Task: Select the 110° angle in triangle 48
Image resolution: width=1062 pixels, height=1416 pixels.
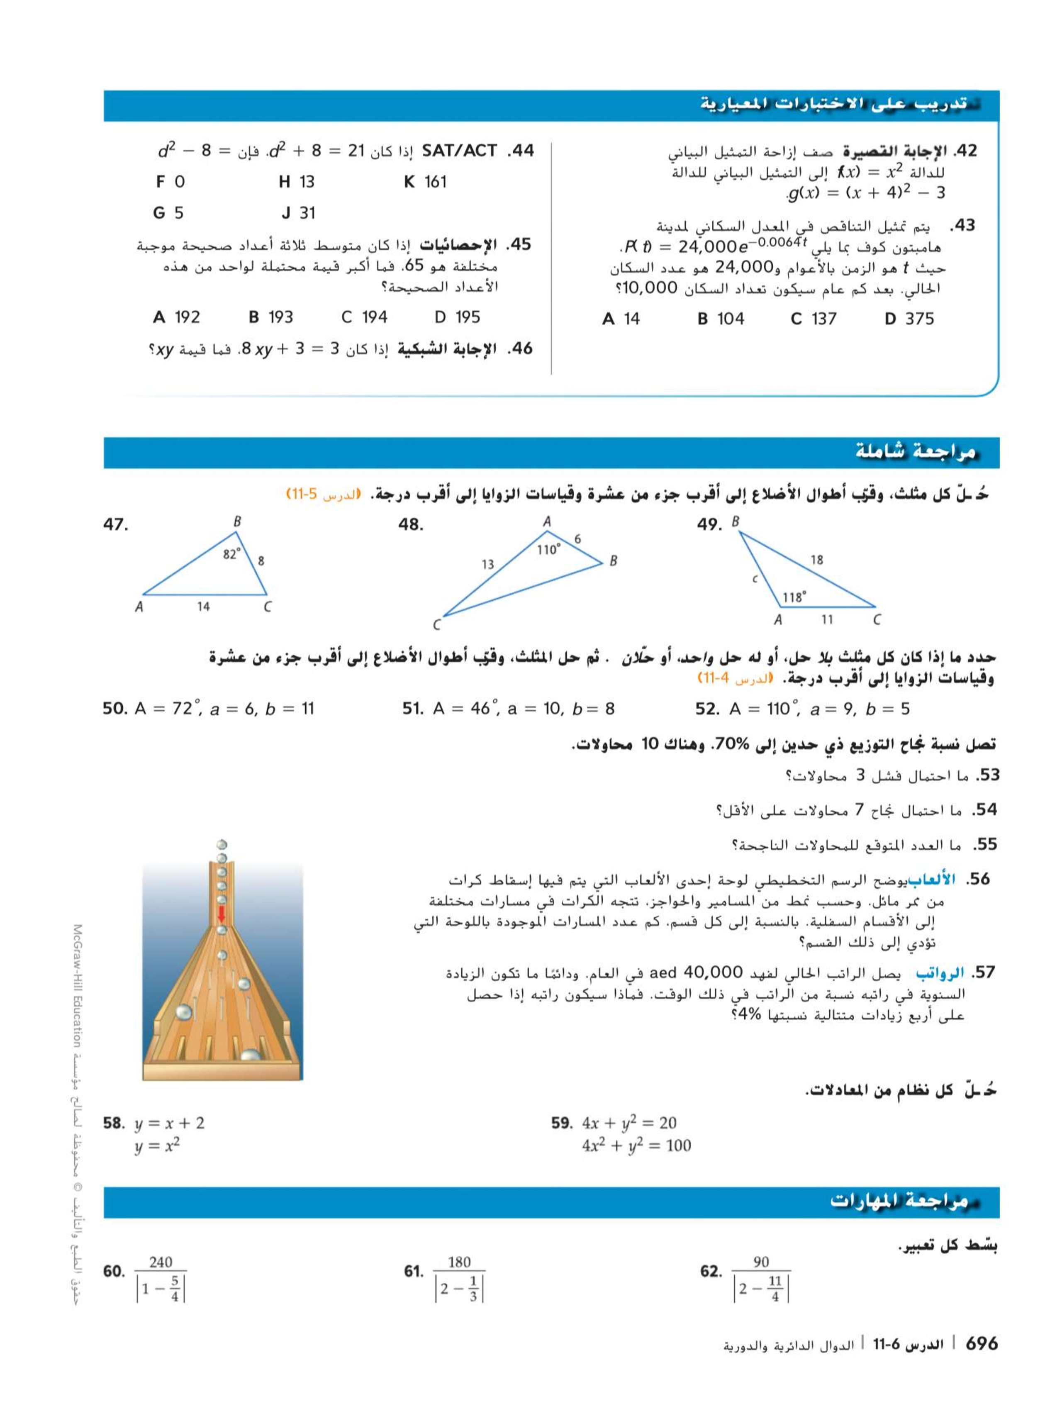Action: [x=548, y=549]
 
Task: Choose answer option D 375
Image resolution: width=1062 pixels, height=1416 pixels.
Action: [x=909, y=319]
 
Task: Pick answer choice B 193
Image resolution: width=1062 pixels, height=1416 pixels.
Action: [x=271, y=317]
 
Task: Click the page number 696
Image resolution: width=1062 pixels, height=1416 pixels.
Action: [x=981, y=1343]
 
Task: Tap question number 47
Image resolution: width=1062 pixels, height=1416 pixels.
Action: [x=116, y=525]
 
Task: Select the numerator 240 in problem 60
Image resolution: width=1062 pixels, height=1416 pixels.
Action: [x=161, y=1262]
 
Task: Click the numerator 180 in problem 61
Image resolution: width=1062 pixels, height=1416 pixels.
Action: [x=459, y=1262]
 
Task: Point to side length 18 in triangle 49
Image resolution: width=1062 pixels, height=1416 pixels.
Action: [x=817, y=560]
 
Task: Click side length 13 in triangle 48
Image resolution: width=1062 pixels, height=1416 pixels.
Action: [x=488, y=564]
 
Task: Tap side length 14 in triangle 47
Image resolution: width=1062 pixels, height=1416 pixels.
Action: [x=203, y=606]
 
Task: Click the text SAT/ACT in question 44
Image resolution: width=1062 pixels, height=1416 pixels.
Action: [x=460, y=151]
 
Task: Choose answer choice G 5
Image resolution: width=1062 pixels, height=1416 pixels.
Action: [x=168, y=213]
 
